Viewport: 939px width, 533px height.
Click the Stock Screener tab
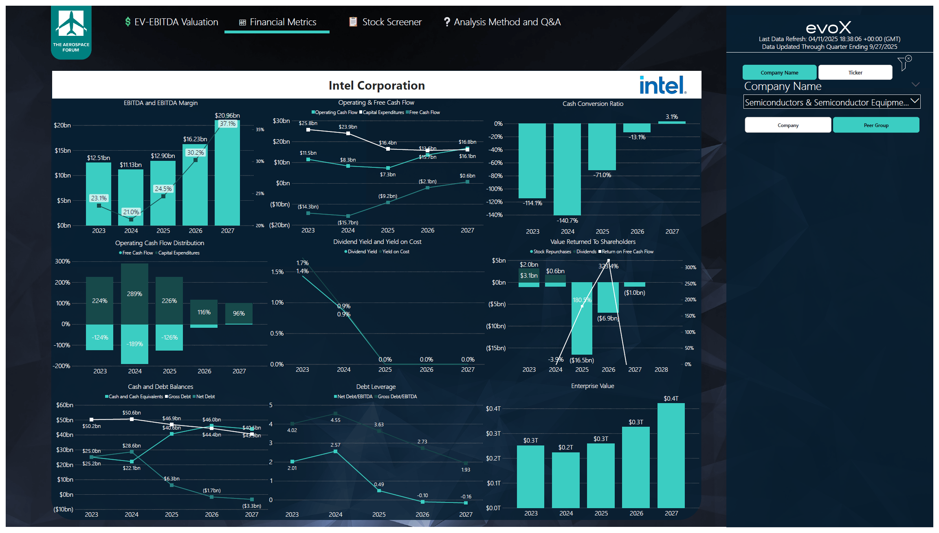point(385,22)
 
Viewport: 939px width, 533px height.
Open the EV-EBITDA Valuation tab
point(172,22)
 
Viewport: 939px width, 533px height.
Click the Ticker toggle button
point(855,72)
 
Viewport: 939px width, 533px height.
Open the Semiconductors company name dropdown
point(831,102)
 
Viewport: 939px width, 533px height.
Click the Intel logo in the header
point(662,85)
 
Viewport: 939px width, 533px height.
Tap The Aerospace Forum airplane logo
point(71,24)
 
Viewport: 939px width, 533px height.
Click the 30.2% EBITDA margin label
point(196,153)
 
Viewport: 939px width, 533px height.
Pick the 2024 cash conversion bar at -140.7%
point(567,169)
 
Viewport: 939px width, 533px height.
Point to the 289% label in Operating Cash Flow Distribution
point(134,294)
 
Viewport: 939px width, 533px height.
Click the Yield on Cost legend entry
point(395,252)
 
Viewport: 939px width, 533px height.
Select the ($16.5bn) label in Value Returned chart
point(581,360)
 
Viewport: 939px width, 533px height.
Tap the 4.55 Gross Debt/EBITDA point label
point(335,420)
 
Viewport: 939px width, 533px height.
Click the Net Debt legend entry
point(205,397)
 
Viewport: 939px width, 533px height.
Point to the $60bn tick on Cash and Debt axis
point(65,405)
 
